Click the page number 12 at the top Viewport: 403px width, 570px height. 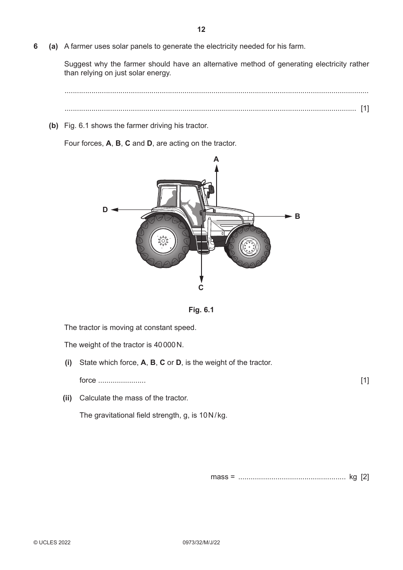(x=201, y=30)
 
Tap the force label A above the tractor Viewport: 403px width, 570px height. (x=216, y=159)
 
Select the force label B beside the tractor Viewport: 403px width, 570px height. (x=297, y=216)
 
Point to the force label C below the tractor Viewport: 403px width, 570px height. (x=201, y=287)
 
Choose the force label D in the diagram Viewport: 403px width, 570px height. (x=105, y=209)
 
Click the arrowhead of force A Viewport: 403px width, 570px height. (x=217, y=168)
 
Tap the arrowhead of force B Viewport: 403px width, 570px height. (x=288, y=216)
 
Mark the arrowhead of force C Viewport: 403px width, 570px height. (x=201, y=279)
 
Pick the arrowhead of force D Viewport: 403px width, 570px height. (x=115, y=209)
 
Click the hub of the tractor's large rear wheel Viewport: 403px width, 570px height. (x=163, y=240)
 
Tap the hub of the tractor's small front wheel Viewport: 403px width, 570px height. (x=249, y=246)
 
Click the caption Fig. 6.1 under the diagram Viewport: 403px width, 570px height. (x=201, y=310)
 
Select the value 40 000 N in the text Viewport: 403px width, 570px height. (x=168, y=345)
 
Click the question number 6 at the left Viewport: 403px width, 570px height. (x=35, y=47)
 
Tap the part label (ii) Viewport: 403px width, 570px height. (x=67, y=398)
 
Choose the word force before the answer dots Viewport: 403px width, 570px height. (x=88, y=380)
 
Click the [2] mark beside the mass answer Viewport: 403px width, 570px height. (x=365, y=477)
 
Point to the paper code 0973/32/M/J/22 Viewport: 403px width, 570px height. (x=201, y=543)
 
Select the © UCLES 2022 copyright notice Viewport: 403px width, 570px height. (x=52, y=543)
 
